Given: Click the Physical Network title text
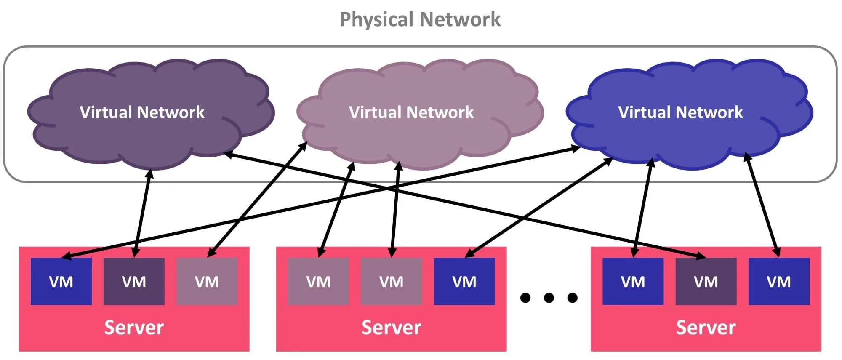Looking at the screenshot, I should coord(420,19).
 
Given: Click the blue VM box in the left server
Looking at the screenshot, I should coord(61,281).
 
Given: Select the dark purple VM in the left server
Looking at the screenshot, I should coord(134,281).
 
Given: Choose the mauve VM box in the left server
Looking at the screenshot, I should coord(207,281).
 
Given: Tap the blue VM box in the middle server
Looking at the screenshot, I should coord(464,281).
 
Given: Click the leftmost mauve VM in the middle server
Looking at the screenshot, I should coord(318,281).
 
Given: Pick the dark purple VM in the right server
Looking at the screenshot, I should coord(706,281).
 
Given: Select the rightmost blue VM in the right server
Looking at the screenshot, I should coord(778,281).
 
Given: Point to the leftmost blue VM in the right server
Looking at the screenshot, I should coord(633,281).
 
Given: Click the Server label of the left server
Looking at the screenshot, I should coord(134,328).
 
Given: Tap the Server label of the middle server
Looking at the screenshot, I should coord(391,328).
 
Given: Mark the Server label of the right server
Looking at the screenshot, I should coord(706,328).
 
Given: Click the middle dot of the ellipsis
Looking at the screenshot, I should coord(549,298).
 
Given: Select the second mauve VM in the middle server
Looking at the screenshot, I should coord(391,281).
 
